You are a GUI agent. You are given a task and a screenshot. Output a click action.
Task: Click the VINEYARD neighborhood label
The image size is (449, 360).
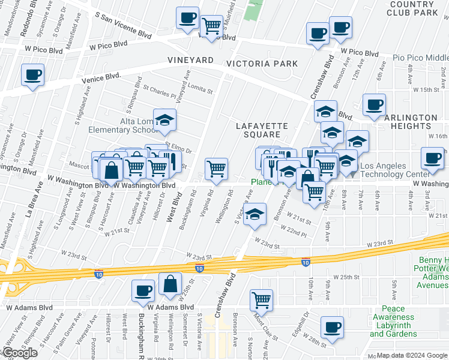[x=190, y=61]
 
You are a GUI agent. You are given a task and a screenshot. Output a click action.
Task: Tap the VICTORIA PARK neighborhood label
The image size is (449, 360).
[x=262, y=64]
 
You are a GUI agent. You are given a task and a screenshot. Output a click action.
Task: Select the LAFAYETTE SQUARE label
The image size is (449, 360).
[x=262, y=130]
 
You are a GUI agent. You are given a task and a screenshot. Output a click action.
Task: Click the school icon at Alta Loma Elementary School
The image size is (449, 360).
[x=164, y=120]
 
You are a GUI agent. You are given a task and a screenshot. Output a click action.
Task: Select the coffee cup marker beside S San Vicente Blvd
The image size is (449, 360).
[x=187, y=17]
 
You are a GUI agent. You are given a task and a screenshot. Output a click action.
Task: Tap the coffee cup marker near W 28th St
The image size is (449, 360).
[x=331, y=327]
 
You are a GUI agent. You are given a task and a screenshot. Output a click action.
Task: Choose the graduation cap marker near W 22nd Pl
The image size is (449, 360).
[x=255, y=215]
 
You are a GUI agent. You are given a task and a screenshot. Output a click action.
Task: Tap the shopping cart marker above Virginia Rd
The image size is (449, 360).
[x=216, y=169]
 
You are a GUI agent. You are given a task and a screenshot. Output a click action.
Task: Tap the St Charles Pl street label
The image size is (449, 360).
[x=160, y=91]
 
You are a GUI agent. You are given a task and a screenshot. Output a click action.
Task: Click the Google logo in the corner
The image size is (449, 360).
[x=19, y=353]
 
